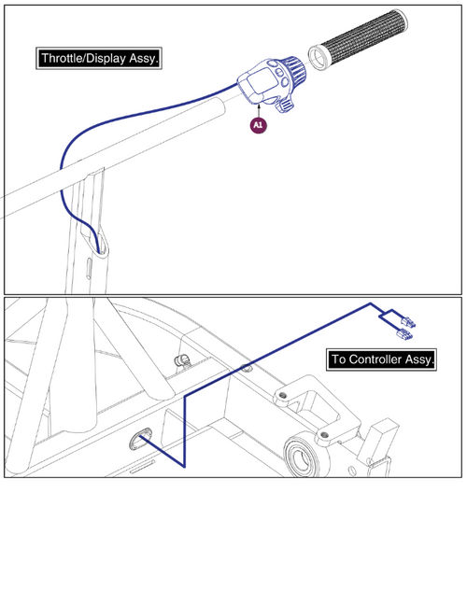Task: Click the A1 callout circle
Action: click(257, 123)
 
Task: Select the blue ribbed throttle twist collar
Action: click(289, 70)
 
